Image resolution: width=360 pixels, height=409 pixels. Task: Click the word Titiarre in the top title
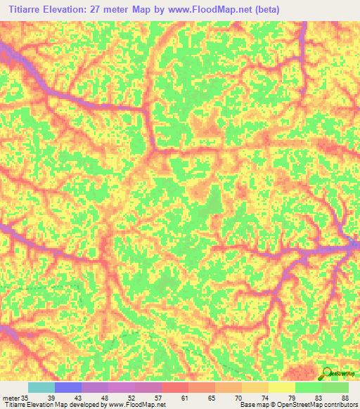27,9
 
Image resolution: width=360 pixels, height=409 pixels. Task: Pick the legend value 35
27,397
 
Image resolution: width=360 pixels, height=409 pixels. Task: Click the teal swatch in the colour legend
41,387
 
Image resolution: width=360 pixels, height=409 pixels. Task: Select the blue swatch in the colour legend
68,387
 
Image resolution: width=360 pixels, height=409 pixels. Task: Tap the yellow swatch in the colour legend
282,387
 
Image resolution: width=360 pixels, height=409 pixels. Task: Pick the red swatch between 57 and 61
175,387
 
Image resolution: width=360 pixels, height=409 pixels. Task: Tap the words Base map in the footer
252,405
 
